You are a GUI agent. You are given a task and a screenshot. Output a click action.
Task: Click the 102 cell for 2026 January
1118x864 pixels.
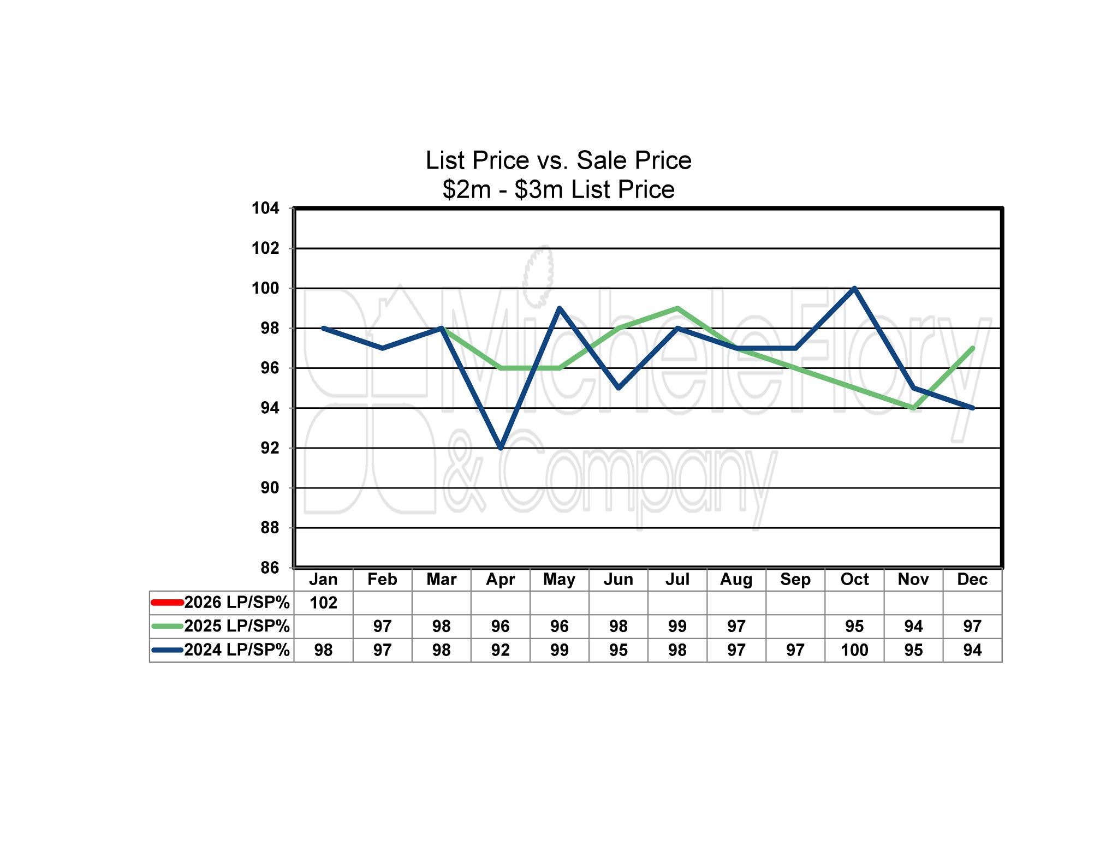(x=323, y=603)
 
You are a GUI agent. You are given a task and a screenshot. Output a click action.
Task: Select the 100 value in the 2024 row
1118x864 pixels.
(x=854, y=650)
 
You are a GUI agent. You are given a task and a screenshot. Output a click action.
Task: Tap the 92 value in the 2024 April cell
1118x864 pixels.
(x=500, y=650)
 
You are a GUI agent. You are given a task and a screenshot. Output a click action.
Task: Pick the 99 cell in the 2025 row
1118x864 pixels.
(x=677, y=626)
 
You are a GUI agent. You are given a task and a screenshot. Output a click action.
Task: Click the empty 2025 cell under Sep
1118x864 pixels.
(x=795, y=626)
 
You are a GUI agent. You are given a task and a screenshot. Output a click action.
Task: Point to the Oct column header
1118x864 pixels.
(x=854, y=579)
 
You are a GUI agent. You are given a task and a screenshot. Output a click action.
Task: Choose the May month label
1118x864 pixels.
(x=559, y=579)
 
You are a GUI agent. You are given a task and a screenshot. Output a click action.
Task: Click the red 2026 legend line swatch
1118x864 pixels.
(x=167, y=603)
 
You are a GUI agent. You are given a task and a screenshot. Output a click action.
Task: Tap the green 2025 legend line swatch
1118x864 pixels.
(x=167, y=626)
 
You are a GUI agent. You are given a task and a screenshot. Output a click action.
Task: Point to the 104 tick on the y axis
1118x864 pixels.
(x=265, y=208)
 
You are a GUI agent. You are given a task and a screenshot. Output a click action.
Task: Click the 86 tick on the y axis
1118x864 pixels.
(x=269, y=568)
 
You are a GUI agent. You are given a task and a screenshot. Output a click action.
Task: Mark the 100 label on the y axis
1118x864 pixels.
(x=265, y=288)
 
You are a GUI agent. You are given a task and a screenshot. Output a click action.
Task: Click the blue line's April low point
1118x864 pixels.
(x=501, y=448)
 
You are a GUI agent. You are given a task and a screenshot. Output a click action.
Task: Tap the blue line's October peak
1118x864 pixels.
(x=854, y=288)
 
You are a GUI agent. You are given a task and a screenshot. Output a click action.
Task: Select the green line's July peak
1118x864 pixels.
(x=677, y=308)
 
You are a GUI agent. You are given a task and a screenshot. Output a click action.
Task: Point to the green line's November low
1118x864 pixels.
(x=913, y=408)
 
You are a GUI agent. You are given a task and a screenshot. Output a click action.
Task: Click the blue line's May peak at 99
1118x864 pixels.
(x=560, y=308)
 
